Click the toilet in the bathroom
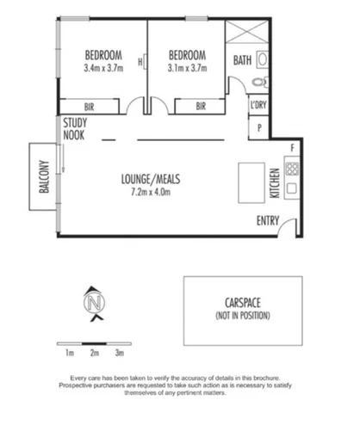click(x=261, y=83)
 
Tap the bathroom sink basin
click(x=262, y=59)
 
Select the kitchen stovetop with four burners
click(x=292, y=169)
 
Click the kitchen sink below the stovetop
click(x=292, y=188)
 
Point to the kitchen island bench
click(x=251, y=182)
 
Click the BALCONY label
click(x=44, y=176)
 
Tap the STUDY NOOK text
click(x=74, y=129)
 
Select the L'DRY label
click(x=258, y=105)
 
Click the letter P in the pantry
click(x=259, y=127)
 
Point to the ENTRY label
click(x=268, y=220)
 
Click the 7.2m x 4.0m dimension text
click(x=151, y=192)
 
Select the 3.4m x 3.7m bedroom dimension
click(x=103, y=68)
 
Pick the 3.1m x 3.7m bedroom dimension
click(x=187, y=68)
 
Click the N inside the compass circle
click(x=95, y=303)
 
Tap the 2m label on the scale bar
click(x=95, y=353)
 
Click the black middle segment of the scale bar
click(x=94, y=343)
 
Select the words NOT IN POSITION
click(x=243, y=316)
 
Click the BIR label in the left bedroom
click(x=90, y=107)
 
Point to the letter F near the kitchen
click(x=293, y=148)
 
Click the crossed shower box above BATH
click(x=247, y=32)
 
